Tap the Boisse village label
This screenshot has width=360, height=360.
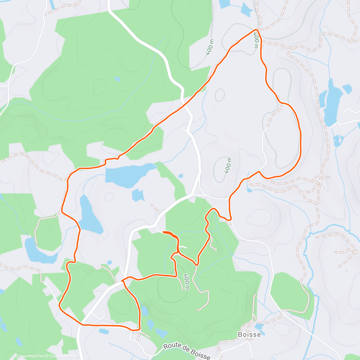pyautogui.click(x=249, y=334)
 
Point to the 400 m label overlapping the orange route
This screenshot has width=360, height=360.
pyautogui.click(x=256, y=40)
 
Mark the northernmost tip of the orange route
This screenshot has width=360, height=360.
pyautogui.click(x=256, y=30)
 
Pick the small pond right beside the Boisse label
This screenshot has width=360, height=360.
pyautogui.click(x=259, y=327)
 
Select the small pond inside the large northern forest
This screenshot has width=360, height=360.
pyautogui.click(x=117, y=79)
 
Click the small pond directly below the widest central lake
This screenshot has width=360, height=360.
pyautogui.click(x=138, y=195)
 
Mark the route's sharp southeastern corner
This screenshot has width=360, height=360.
pyautogui.click(x=139, y=329)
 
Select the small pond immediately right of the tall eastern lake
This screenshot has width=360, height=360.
pyautogui.click(x=347, y=89)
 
